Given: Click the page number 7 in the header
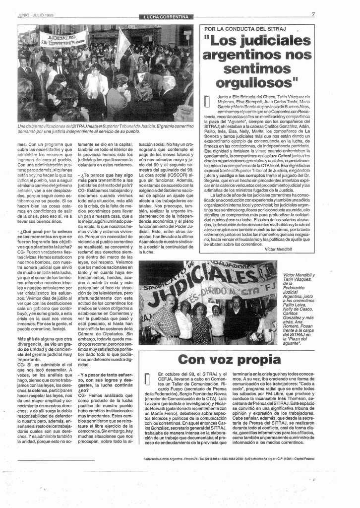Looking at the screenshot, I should (x=313, y=14).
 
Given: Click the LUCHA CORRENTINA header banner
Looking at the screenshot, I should (x=166, y=17).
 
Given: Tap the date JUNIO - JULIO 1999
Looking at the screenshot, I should (x=36, y=15).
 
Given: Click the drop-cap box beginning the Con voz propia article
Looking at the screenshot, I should (x=147, y=380).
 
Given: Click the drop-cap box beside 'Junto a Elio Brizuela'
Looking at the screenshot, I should (x=207, y=101).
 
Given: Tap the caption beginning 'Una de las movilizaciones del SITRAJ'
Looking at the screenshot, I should (x=105, y=129).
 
